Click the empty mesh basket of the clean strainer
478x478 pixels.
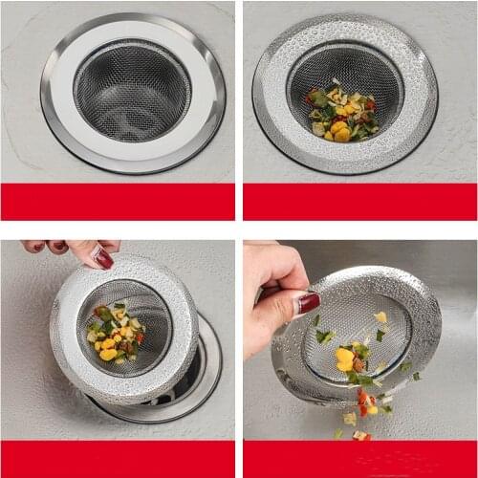click(132, 91)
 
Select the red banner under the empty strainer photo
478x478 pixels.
click(117, 201)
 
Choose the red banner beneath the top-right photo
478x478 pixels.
click(359, 201)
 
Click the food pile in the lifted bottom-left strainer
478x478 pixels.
click(115, 335)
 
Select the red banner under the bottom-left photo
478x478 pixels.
click(117, 459)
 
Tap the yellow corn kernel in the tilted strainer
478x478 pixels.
click(344, 358)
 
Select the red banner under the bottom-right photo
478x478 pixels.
click(359, 459)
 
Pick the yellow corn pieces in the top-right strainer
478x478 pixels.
click(339, 129)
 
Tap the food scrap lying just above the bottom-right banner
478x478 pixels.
click(360, 435)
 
